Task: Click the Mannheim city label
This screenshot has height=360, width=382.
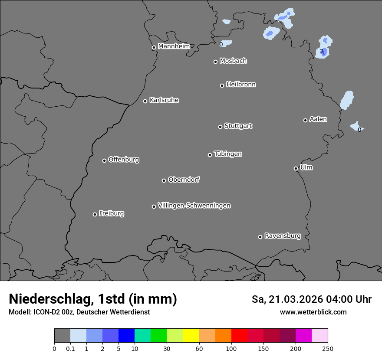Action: [174, 46]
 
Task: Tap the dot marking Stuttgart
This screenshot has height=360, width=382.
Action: [220, 127]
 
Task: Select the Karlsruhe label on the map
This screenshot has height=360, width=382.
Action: [164, 100]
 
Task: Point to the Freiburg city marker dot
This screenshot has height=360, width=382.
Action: [95, 214]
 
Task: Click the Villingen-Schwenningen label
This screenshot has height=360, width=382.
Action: [194, 206]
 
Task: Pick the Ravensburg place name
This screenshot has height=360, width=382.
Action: [283, 236]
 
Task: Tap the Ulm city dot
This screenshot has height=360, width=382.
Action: [296, 168]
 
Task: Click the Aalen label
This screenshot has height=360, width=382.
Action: [318, 119]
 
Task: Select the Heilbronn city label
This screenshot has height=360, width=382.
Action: [241, 85]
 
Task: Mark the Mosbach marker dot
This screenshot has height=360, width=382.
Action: [215, 62]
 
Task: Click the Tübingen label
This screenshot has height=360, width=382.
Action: [228, 154]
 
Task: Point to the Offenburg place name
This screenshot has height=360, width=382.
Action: [124, 160]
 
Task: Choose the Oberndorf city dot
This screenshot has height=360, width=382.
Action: [164, 180]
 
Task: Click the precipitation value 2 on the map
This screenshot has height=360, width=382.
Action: [322, 51]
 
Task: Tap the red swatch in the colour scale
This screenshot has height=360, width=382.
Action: [239, 336]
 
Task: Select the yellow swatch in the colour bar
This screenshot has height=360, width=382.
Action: [191, 336]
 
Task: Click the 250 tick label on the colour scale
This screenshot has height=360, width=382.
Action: [328, 348]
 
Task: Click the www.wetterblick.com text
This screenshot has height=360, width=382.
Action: [313, 312]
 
